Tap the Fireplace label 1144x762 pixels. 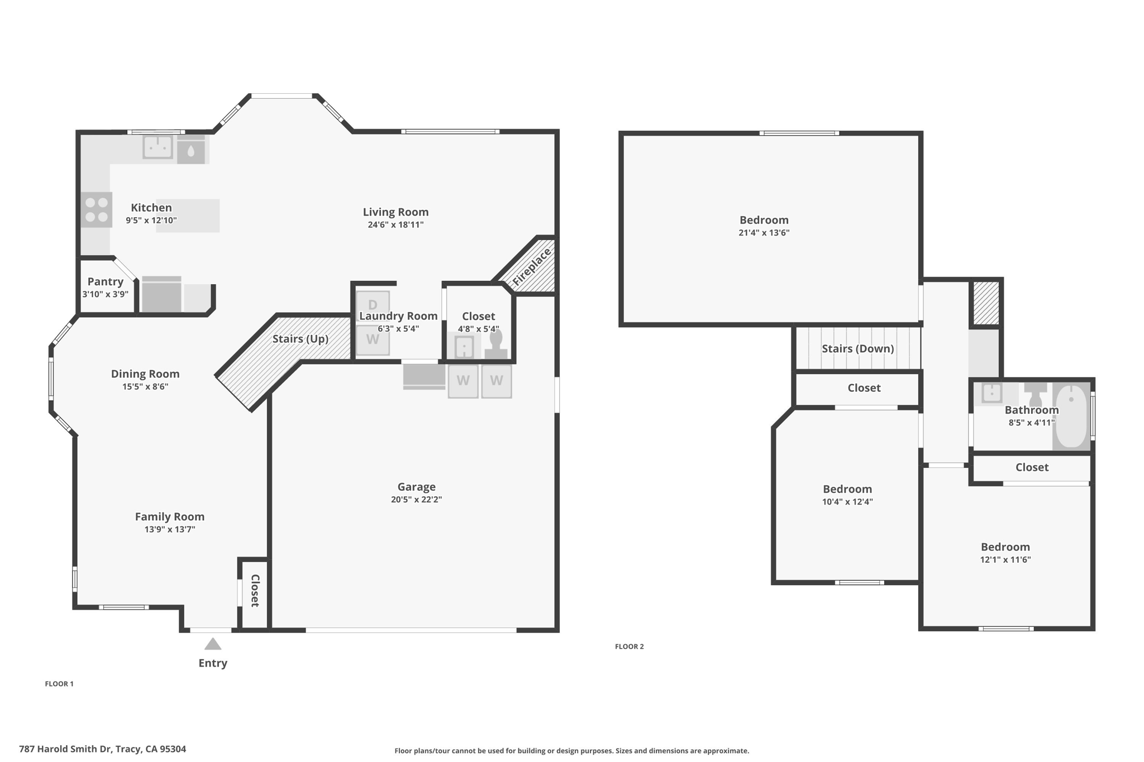tap(532, 267)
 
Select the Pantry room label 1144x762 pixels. tap(106, 281)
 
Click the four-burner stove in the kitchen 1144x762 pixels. tap(97, 209)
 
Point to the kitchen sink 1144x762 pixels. tap(158, 147)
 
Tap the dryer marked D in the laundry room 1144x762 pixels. tap(373, 305)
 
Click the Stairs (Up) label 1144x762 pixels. tap(301, 339)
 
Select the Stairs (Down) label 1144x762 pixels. tap(858, 348)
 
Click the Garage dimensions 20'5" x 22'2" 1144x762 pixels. tap(417, 500)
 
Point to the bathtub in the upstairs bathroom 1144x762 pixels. tap(1071, 416)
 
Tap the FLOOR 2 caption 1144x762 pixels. tap(630, 646)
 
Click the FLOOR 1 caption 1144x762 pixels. tap(59, 684)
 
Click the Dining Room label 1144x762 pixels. tap(145, 374)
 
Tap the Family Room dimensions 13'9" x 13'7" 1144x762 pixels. tap(170, 529)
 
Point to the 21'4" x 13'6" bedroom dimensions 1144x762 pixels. tap(764, 233)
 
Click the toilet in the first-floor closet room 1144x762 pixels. tap(496, 344)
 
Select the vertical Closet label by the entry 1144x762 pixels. tap(255, 591)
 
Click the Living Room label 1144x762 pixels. tap(396, 212)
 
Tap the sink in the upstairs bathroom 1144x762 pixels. tap(992, 393)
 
